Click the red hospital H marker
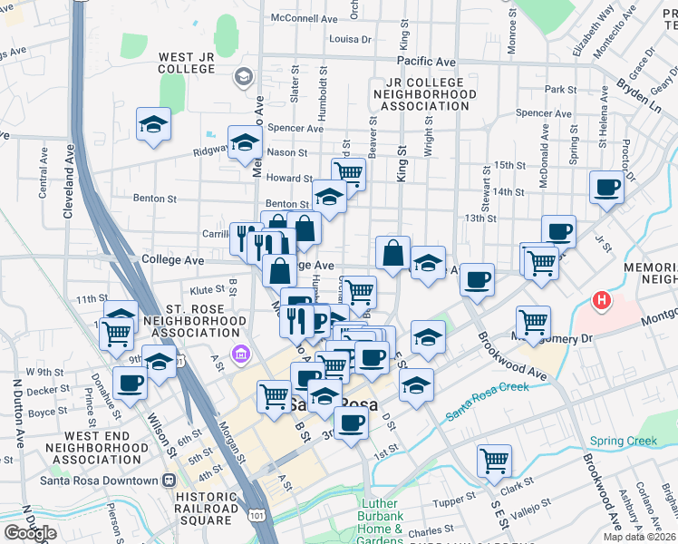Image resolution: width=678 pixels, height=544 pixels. click(x=600, y=299)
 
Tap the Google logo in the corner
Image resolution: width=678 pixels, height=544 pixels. click(x=30, y=533)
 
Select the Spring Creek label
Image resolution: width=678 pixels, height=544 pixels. click(x=623, y=442)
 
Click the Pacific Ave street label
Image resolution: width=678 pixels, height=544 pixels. click(x=425, y=61)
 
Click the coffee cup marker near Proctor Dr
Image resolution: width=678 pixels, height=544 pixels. click(x=606, y=188)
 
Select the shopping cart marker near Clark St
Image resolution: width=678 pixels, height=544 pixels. click(x=494, y=459)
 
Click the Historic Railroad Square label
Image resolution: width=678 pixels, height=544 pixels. click(x=206, y=509)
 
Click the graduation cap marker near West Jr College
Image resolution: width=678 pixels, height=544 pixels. click(x=154, y=123)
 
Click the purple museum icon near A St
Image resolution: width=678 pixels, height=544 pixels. click(x=239, y=352)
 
